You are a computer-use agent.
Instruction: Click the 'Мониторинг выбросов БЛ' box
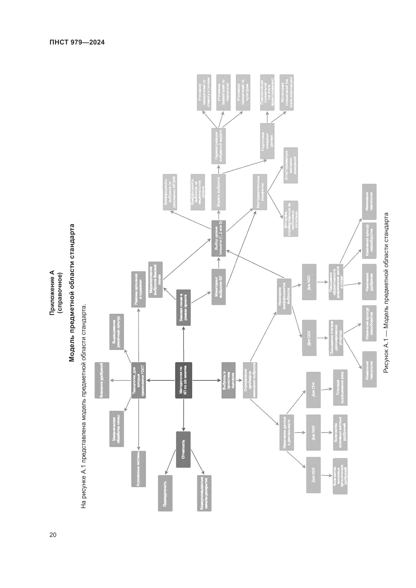point(219,287)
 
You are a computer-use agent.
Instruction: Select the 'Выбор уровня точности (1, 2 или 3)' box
point(219,238)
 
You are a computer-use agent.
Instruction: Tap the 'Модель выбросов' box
point(219,192)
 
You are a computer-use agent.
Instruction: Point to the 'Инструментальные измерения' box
point(260,192)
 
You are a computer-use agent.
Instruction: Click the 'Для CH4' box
point(313,390)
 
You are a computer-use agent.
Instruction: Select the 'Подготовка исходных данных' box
point(267,141)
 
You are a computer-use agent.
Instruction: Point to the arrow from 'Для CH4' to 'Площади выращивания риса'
point(327,389)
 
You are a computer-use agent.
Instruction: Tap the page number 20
point(53,534)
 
